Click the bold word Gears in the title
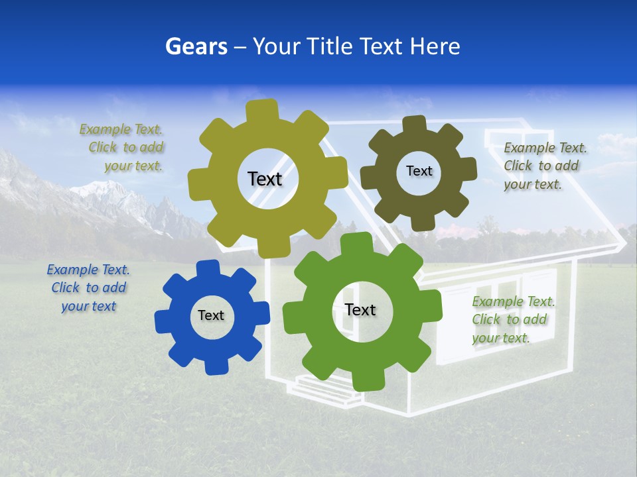tap(194, 46)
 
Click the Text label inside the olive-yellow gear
tap(265, 179)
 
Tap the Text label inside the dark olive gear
tap(419, 171)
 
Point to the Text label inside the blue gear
tap(211, 315)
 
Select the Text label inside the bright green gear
tap(360, 309)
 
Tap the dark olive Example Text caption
tap(544, 166)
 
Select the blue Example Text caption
tap(88, 288)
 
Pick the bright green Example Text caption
tap(512, 319)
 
